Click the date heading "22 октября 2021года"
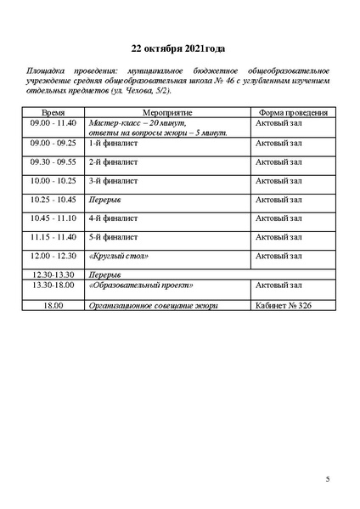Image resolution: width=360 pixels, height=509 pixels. (178, 48)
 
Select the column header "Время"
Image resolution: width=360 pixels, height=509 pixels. (55, 112)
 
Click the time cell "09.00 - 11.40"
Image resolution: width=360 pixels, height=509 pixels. (53, 123)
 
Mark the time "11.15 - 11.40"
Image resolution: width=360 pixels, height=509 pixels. (53, 237)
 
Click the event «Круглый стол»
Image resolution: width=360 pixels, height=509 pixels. (119, 256)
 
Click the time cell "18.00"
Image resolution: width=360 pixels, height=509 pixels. (54, 305)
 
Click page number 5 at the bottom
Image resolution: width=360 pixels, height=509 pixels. (328, 480)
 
